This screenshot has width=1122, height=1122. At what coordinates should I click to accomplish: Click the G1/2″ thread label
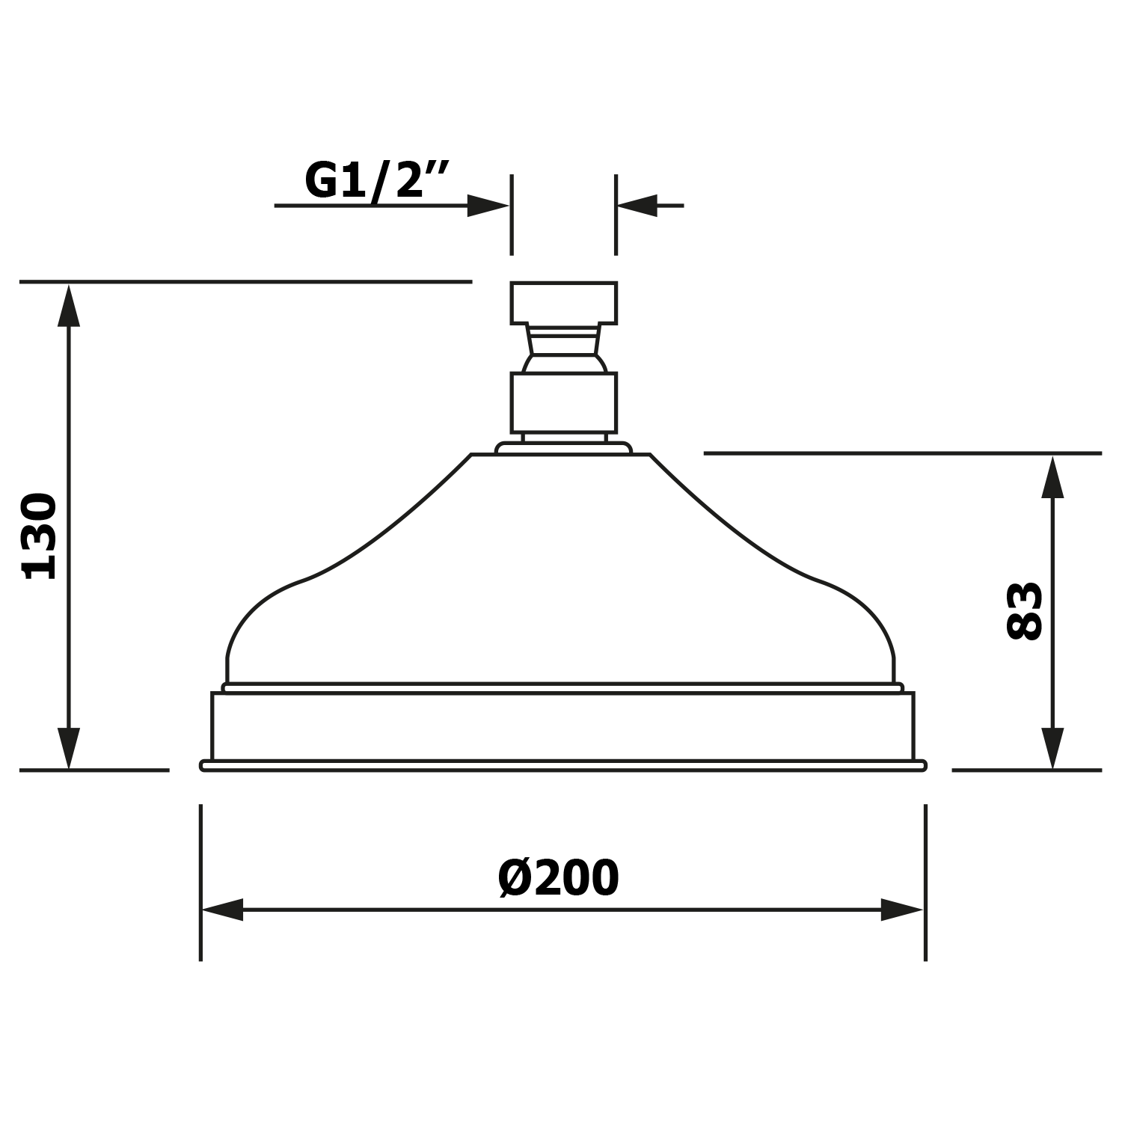coord(376,180)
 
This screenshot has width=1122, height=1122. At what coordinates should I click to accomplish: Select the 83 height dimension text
coord(1024,610)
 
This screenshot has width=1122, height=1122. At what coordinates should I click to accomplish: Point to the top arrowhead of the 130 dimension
coord(69,305)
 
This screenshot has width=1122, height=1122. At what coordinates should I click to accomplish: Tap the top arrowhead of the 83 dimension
coord(1052,476)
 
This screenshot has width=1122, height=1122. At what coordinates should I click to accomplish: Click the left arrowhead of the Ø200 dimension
coord(223,910)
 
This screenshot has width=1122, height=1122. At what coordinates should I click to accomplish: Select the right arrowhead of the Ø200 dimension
coord(902,910)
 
